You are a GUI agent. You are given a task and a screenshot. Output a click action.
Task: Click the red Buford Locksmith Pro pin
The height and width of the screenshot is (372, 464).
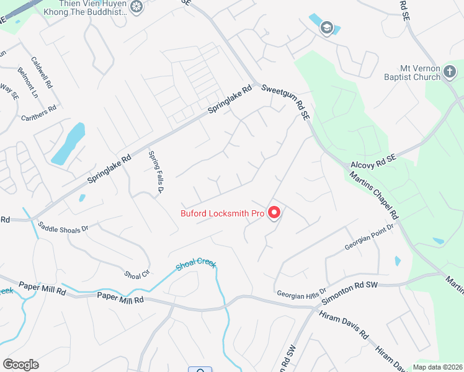(274, 213)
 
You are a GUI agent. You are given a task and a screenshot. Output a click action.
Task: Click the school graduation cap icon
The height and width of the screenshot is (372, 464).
(326, 27)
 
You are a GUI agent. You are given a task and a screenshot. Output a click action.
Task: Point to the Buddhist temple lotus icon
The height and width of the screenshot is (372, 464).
(137, 7)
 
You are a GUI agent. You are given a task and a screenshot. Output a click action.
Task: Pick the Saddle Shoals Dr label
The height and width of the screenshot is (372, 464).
(63, 228)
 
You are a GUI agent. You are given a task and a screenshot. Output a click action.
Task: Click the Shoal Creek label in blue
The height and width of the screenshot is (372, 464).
(196, 264)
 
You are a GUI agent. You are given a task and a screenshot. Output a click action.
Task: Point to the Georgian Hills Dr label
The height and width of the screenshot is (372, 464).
(301, 293)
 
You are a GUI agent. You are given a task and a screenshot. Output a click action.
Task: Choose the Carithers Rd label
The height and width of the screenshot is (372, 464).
(38, 113)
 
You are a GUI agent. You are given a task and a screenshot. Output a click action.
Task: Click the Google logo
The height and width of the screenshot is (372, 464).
(20, 364)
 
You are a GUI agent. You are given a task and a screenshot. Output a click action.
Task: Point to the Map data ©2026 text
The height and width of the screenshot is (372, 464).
(437, 367)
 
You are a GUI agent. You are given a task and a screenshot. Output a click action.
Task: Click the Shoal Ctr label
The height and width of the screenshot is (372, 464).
(137, 273)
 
